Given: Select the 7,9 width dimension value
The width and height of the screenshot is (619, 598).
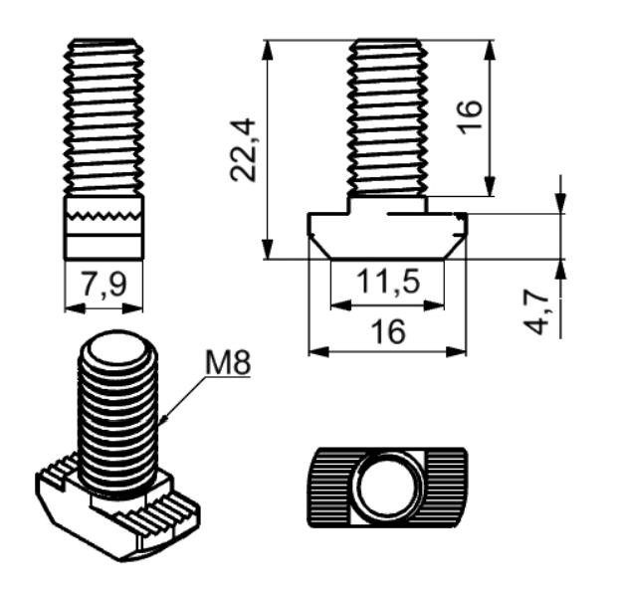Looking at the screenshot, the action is pos(103,284).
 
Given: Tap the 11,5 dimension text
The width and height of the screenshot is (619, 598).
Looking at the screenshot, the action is pos(388,282).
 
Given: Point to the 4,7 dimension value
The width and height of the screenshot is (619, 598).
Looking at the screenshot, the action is pos(536,312).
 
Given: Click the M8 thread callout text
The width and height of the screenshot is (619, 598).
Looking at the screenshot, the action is pos(228,363).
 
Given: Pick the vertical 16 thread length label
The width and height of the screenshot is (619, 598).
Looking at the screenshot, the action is pos(470,117).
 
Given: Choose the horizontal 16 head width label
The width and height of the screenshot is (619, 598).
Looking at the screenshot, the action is pos(388,331).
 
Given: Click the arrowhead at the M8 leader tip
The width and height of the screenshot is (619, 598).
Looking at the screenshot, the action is pos(164,419).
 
